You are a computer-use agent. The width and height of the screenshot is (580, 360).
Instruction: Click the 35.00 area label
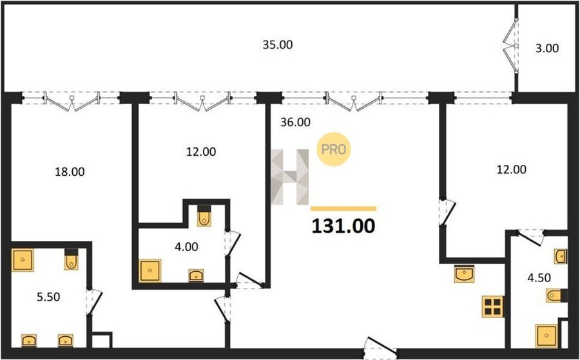[277, 44]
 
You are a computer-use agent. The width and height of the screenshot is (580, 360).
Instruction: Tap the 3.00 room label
[547, 48]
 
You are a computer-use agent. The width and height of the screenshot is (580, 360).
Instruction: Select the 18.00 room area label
[70, 172]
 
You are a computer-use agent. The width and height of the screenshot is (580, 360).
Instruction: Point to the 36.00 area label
[295, 122]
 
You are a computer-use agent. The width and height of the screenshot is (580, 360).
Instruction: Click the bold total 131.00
[343, 226]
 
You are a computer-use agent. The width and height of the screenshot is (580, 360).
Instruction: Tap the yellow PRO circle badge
[334, 149]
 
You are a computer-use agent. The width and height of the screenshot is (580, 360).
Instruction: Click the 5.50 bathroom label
[48, 297]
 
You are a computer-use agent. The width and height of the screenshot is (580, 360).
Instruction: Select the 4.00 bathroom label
[186, 247]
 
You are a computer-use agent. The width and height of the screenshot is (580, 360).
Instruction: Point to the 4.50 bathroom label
[539, 277]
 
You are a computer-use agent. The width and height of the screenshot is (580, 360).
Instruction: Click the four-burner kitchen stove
[493, 307]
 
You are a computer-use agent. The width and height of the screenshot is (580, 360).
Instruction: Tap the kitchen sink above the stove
[464, 274]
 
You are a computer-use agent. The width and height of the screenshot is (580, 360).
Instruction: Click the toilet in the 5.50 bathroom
[72, 259]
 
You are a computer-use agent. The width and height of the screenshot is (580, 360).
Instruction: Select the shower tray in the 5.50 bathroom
[23, 260]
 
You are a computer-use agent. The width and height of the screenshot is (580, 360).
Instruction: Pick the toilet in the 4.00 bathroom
[204, 216]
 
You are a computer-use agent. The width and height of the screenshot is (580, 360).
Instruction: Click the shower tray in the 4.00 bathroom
[150, 270]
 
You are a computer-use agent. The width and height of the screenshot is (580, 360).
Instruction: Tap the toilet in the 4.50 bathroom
[557, 296]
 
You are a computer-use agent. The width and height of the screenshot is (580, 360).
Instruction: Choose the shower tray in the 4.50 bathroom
[546, 336]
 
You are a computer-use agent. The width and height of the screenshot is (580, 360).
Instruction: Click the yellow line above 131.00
[343, 209]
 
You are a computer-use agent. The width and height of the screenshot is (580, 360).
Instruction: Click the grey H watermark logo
[290, 177]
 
